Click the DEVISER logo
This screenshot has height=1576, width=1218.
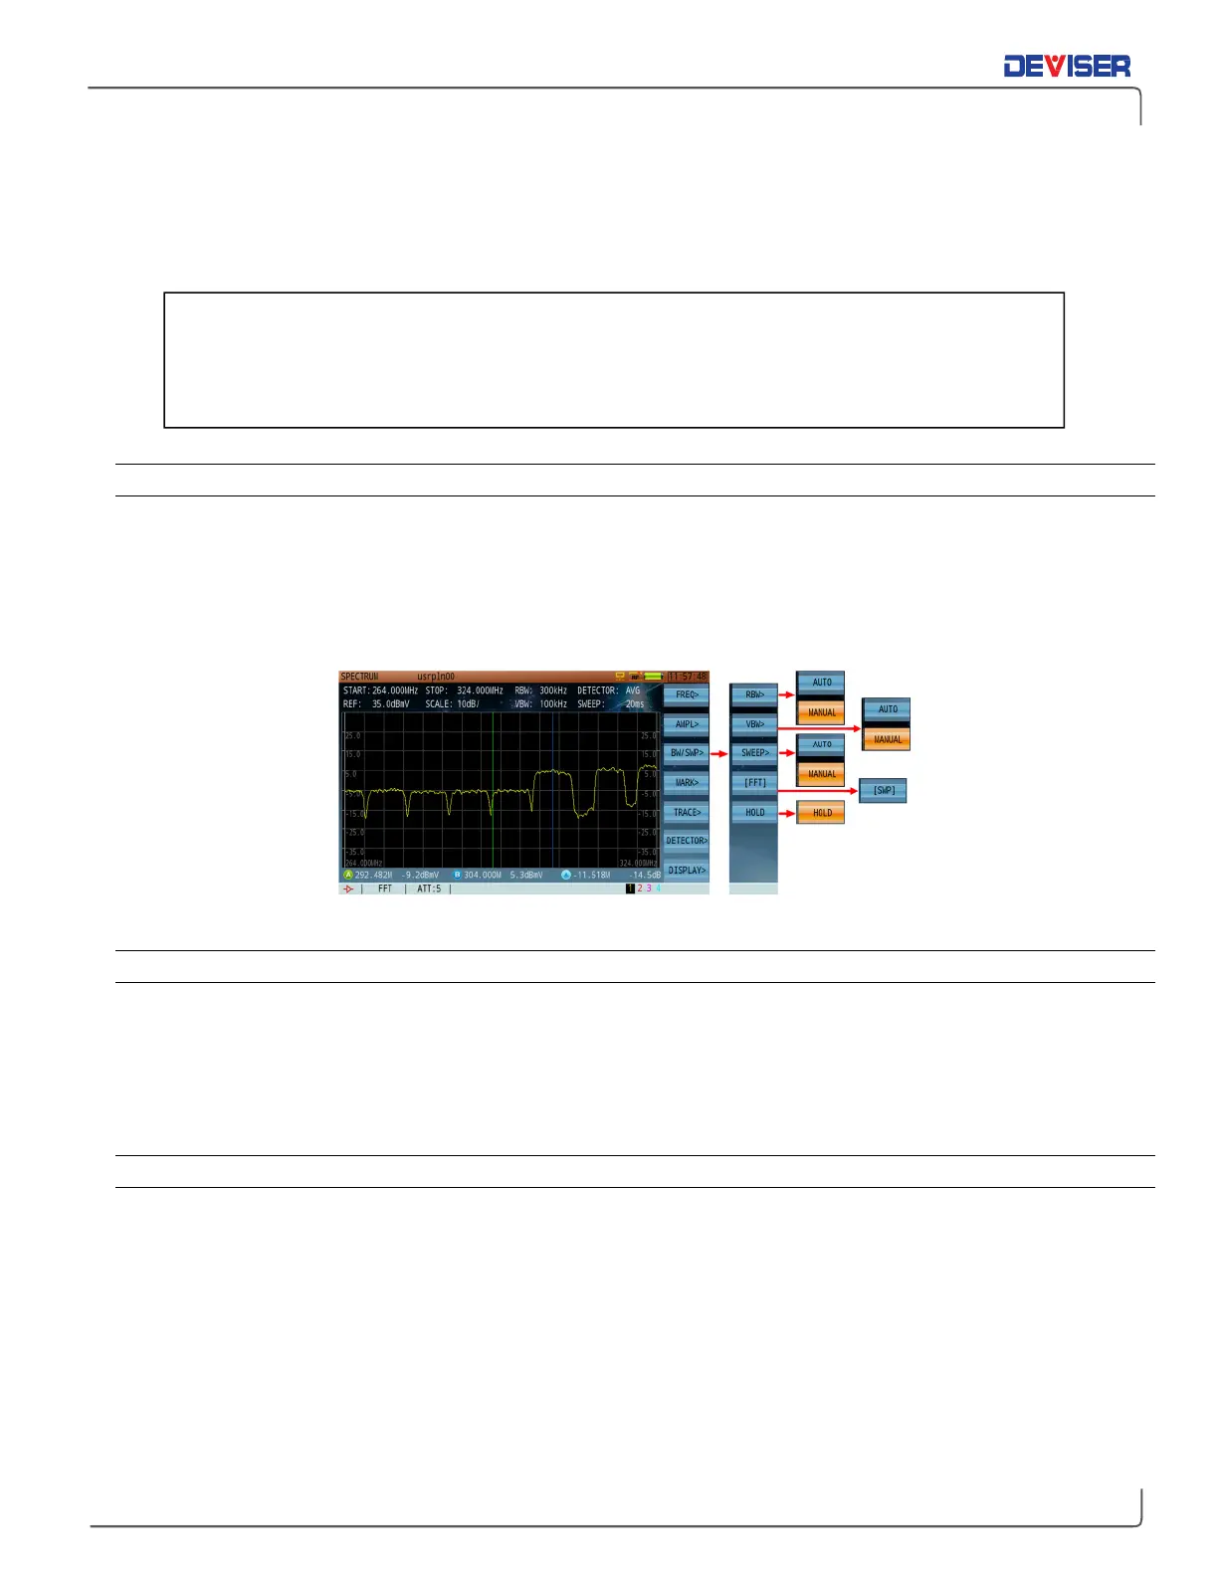[x=1067, y=67]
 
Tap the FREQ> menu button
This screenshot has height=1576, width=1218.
[x=687, y=694]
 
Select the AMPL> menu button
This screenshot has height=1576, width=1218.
[x=687, y=724]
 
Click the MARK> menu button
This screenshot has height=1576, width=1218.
[x=687, y=783]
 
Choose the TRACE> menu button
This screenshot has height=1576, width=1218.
[x=687, y=812]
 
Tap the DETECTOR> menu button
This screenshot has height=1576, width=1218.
[x=687, y=841]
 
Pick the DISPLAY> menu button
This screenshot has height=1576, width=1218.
[x=687, y=871]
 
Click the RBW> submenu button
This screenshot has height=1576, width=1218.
[x=754, y=694]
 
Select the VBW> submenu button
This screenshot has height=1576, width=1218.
[x=754, y=724]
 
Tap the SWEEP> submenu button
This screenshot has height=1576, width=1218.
[x=754, y=753]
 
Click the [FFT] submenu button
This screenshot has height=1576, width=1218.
[x=754, y=783]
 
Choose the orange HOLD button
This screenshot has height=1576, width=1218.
[x=821, y=813]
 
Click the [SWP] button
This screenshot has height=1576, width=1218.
[x=883, y=791]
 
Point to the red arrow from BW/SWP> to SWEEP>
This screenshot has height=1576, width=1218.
[x=719, y=753]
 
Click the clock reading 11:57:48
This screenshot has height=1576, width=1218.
[x=687, y=677]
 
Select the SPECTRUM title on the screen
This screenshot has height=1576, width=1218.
[x=359, y=677]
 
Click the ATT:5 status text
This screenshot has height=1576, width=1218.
[x=428, y=888]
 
